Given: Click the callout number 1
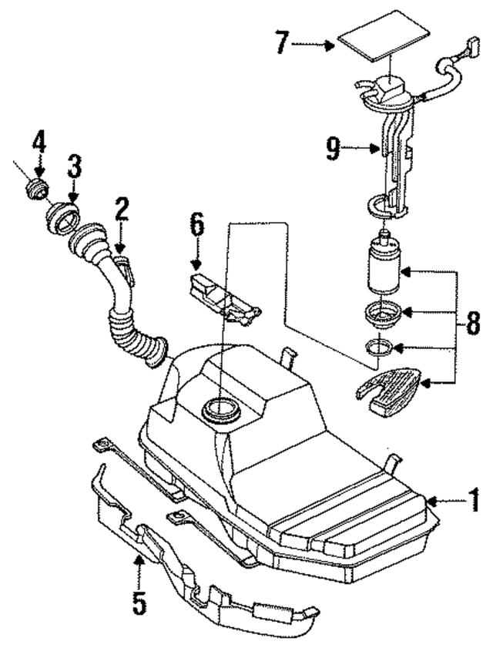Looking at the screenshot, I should click(x=475, y=502).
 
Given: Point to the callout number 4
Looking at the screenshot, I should click(x=39, y=143).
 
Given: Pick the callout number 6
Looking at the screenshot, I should click(x=197, y=227).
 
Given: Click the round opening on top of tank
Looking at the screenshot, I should click(x=219, y=408).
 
